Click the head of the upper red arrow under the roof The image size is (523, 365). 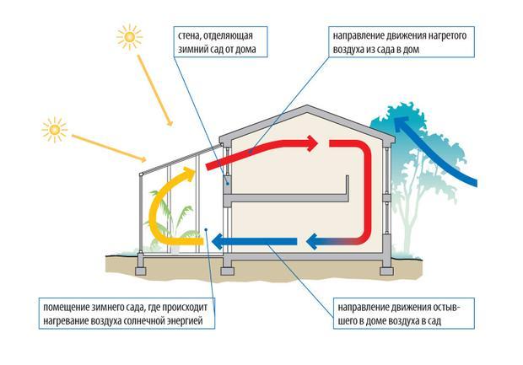(314, 144)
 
